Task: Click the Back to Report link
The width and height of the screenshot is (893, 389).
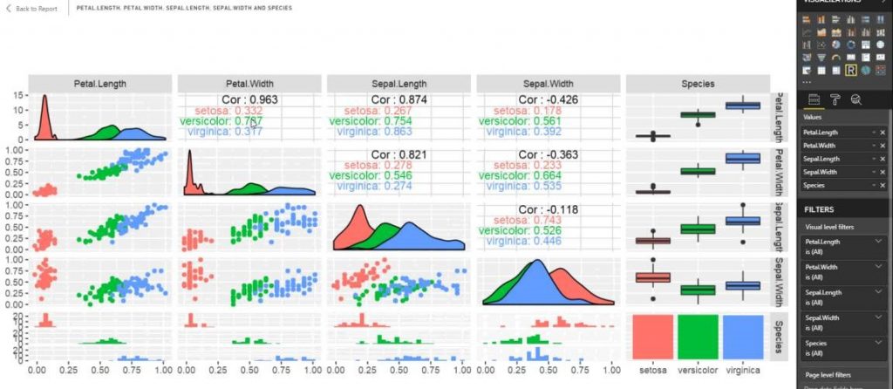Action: tap(32, 8)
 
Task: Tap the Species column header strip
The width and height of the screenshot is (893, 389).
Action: tap(697, 84)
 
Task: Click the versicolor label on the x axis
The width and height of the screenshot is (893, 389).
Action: tap(697, 370)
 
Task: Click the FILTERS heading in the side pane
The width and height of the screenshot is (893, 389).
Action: tap(821, 209)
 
